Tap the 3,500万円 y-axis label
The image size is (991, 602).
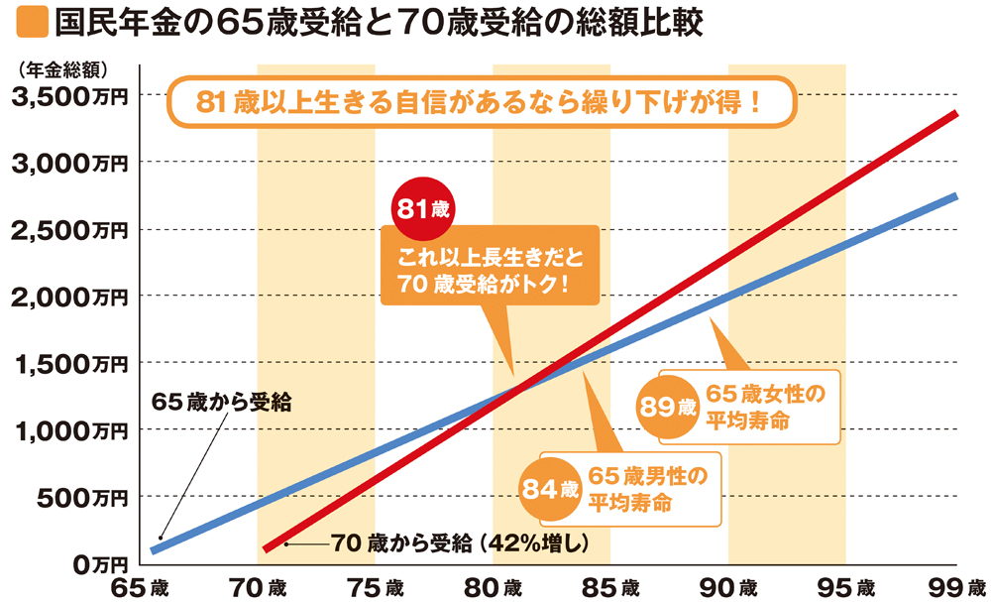click(x=68, y=96)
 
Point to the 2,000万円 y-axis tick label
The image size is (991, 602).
click(x=68, y=297)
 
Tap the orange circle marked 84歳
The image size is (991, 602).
click(x=548, y=488)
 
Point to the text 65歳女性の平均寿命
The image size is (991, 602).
click(x=764, y=407)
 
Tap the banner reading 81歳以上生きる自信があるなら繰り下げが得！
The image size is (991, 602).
click(x=481, y=103)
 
